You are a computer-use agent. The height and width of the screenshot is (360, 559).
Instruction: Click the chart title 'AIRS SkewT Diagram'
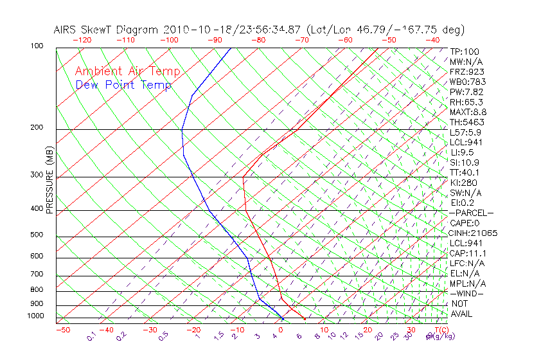click(107, 30)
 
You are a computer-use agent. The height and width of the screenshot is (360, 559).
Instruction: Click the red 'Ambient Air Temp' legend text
click(127, 71)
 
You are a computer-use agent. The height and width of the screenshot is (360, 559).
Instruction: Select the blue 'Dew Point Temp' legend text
click(123, 85)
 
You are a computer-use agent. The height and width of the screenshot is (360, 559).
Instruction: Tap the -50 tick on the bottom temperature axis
click(62, 330)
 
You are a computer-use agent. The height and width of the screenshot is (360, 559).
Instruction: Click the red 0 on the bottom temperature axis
click(280, 330)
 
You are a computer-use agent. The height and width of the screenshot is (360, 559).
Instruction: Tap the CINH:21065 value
click(474, 233)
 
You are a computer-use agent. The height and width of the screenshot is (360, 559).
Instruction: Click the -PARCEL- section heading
click(471, 213)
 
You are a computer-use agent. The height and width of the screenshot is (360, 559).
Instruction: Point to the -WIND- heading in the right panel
click(467, 293)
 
